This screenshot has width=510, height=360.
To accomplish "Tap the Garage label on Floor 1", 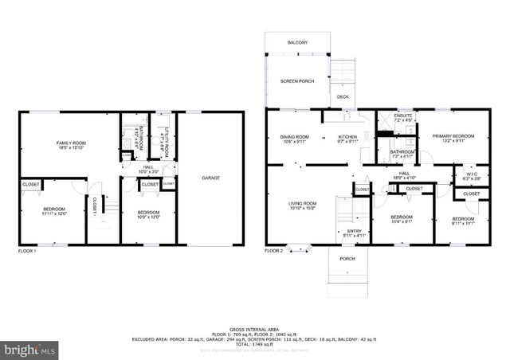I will click(x=210, y=178).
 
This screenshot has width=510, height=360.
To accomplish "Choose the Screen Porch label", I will click(x=295, y=82).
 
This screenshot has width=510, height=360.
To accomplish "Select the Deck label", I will click(x=342, y=97).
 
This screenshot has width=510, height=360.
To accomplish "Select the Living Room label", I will click(x=303, y=205).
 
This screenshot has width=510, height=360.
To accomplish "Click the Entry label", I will click(x=354, y=233).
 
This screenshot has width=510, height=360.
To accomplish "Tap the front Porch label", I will click(x=347, y=259).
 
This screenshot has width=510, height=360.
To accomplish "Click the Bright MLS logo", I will click(x=30, y=349).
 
